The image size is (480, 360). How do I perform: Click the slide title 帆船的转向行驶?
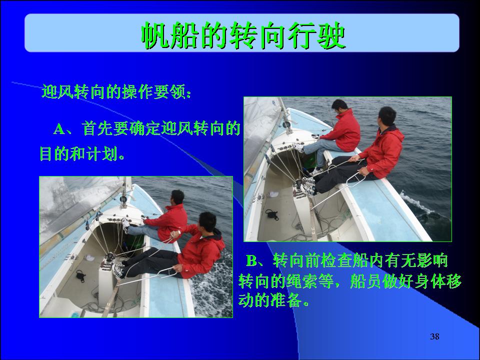[x=243, y=35]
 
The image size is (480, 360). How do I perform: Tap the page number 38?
[x=434, y=336]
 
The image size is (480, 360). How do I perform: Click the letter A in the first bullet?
[x=59, y=129]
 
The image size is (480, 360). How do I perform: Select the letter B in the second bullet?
[x=252, y=261]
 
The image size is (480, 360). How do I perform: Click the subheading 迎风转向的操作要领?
[x=116, y=91]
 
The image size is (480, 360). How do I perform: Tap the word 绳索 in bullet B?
[x=302, y=281]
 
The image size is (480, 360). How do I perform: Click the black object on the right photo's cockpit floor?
[x=272, y=214]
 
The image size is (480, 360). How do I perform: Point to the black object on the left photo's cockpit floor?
[x=80, y=276]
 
